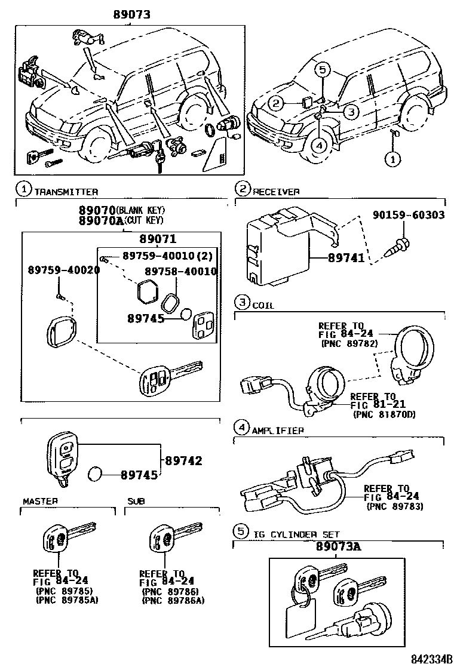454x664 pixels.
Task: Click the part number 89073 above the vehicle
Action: pos(131,15)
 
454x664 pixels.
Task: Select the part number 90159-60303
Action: pos(409,215)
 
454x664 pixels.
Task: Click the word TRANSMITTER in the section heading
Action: pos(66,191)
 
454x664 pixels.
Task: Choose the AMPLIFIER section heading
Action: pos(278,430)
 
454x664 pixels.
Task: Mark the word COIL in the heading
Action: pos(263,305)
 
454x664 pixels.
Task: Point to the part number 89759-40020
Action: pos(64,270)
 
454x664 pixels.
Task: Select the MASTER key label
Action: pos(40,501)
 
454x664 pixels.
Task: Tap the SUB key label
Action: pos(136,501)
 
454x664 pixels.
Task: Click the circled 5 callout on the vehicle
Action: pos(322,70)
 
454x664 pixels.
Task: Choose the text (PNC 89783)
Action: pos(395,506)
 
